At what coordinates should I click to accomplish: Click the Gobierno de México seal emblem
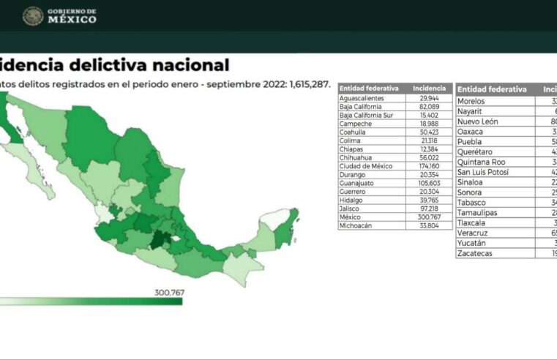click(x=33, y=16)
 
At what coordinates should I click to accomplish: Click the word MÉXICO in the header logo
click(x=72, y=20)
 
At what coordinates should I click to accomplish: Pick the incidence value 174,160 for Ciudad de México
click(x=429, y=166)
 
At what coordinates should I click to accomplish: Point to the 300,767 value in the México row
click(x=429, y=217)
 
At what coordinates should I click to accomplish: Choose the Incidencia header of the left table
click(x=429, y=88)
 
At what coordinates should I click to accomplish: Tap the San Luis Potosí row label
click(x=483, y=173)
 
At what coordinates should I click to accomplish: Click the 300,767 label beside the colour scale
click(x=168, y=293)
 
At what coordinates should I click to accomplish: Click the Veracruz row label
click(x=472, y=233)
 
